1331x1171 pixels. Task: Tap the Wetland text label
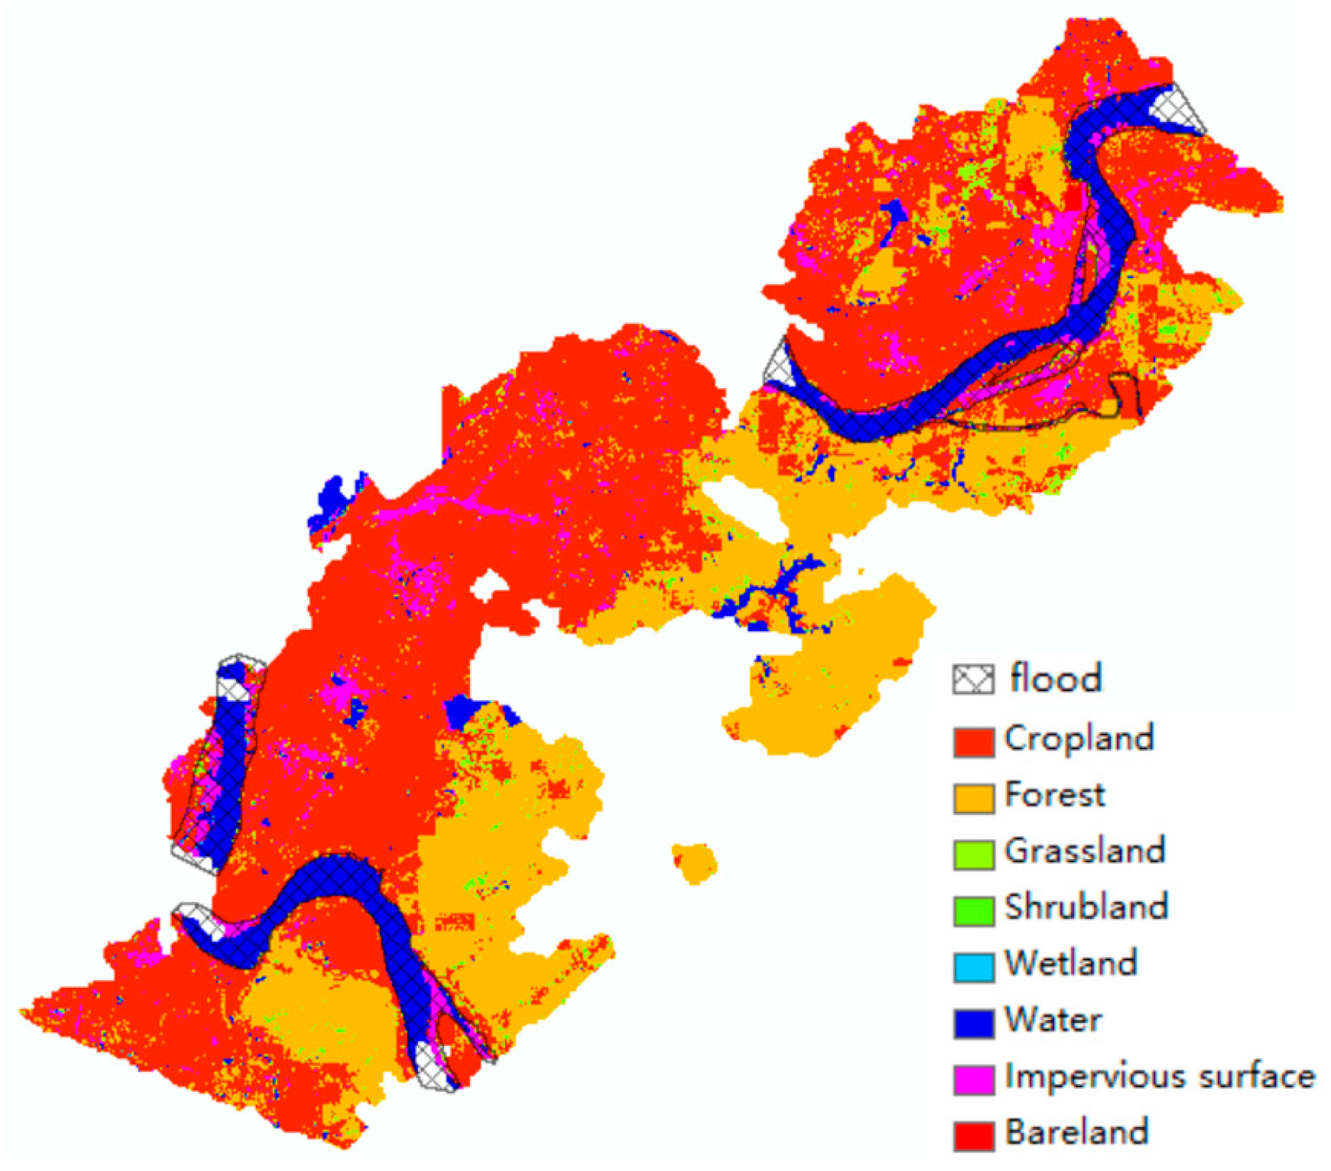1071,963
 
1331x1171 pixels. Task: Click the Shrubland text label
1086,907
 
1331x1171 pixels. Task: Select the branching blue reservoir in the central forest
769,596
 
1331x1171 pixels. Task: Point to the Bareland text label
1076,1132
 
